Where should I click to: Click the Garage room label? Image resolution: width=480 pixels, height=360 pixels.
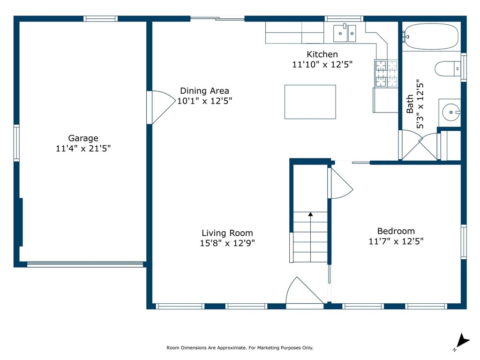[x=83, y=138]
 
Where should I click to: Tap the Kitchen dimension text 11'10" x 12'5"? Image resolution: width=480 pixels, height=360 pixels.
[x=322, y=65]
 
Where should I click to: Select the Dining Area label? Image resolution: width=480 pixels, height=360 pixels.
[x=204, y=91]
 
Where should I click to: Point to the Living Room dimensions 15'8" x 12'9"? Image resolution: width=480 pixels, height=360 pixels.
[x=227, y=243]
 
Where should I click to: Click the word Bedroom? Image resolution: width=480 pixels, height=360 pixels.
[x=396, y=231]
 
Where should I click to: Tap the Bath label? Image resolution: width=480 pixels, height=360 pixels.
[x=410, y=104]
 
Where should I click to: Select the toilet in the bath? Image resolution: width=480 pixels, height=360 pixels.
[x=448, y=68]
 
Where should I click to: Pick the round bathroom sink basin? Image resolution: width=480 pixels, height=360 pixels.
[x=451, y=112]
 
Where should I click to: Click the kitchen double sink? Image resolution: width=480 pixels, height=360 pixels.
[x=345, y=33]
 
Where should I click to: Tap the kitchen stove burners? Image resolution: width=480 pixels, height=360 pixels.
[x=386, y=74]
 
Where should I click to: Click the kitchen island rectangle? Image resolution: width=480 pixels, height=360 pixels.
[x=310, y=102]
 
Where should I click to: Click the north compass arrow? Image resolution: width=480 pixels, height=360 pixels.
[x=462, y=341]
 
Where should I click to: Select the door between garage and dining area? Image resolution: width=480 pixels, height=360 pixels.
[x=161, y=107]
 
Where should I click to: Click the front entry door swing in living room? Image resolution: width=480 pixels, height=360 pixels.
[x=305, y=291]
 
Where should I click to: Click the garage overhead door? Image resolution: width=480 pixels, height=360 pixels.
[x=85, y=264]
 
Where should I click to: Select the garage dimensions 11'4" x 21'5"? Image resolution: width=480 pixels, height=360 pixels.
[x=83, y=149]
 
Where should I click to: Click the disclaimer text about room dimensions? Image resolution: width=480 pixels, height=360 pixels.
[x=240, y=348]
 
